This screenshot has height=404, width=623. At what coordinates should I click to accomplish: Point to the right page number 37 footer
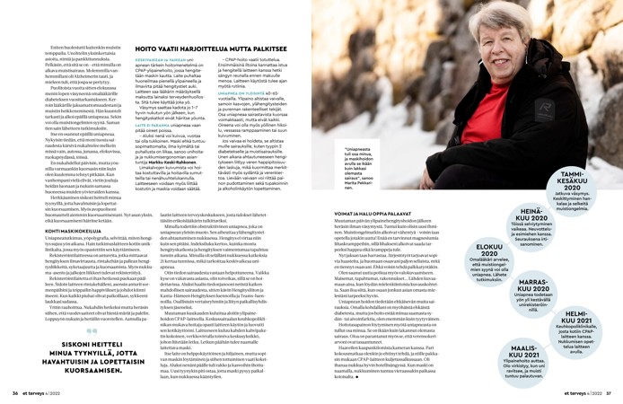pos(593,391)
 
